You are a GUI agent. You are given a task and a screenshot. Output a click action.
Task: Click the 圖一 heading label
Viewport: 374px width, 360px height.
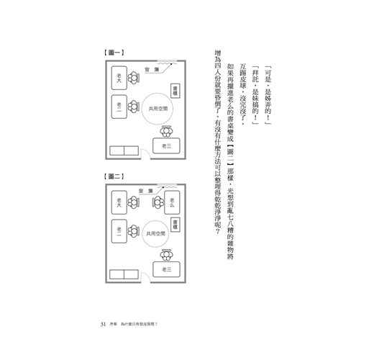click(x=114, y=53)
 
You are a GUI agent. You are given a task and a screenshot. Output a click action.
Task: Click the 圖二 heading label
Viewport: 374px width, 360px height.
click(x=114, y=176)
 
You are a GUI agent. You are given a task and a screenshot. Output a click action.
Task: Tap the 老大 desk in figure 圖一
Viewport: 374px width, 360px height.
click(x=119, y=78)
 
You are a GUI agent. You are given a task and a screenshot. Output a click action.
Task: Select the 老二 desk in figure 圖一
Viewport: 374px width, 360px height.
click(x=119, y=107)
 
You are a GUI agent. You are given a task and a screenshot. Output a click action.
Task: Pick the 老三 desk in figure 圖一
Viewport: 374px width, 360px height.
click(x=166, y=145)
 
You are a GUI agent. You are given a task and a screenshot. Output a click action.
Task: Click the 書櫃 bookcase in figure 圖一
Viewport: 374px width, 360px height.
click(x=175, y=91)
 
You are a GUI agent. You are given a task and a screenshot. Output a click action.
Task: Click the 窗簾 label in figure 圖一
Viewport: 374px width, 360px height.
click(x=152, y=70)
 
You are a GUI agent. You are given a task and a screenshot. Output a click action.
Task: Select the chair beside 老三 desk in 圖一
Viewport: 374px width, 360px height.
click(x=166, y=132)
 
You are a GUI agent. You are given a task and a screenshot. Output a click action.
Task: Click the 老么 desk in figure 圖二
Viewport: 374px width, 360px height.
click(x=172, y=202)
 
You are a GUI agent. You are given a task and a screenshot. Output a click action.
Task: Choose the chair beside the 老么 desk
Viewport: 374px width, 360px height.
click(x=158, y=202)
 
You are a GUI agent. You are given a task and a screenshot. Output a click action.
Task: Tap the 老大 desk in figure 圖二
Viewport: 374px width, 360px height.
click(x=119, y=202)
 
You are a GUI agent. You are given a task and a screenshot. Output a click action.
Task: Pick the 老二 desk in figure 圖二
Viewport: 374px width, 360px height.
click(x=119, y=231)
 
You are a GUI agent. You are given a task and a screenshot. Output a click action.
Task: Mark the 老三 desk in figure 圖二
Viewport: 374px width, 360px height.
click(x=166, y=269)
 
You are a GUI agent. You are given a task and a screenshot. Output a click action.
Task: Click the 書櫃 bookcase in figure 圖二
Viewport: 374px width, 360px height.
click(x=175, y=225)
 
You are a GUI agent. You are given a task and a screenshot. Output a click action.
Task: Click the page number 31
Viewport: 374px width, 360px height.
click(x=103, y=324)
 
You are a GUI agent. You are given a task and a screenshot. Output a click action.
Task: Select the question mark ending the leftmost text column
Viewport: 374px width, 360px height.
click(x=218, y=231)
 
